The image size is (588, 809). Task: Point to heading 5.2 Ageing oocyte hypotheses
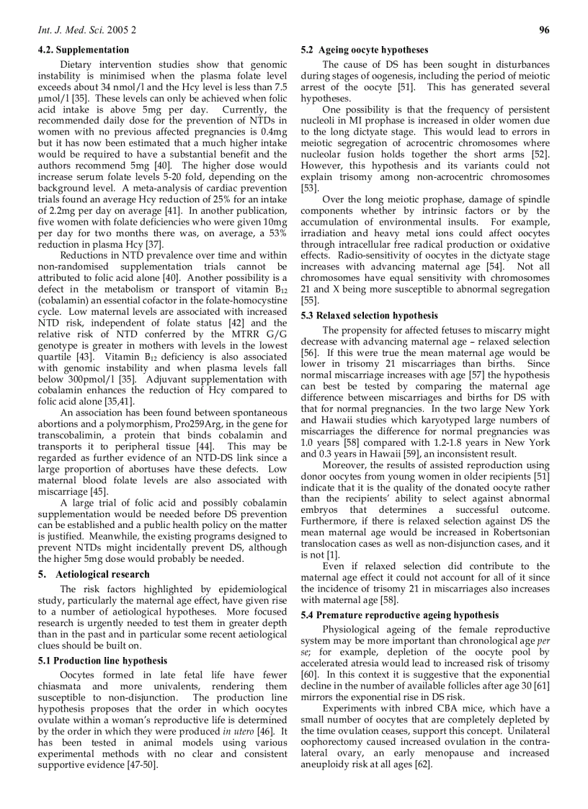coord(364,50)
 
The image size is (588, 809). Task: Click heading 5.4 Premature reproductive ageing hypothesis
coord(399,615)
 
